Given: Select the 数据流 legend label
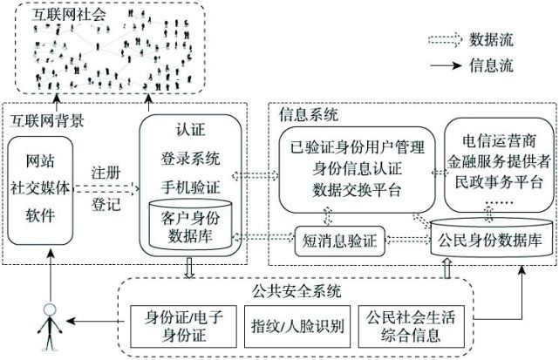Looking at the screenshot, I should pyautogui.click(x=494, y=40).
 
